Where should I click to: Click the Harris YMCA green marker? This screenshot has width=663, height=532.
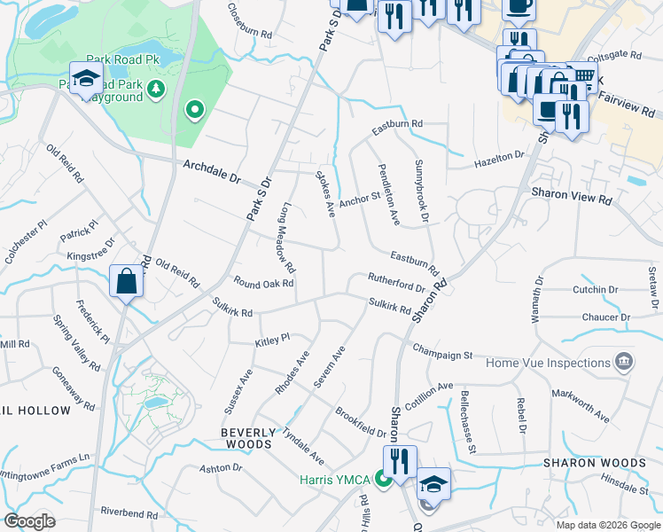tap(384, 480)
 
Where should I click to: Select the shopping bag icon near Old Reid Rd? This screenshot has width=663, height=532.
tap(126, 281)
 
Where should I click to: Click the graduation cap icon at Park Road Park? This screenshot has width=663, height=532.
tap(86, 79)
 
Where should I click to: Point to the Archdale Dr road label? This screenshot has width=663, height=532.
tap(212, 172)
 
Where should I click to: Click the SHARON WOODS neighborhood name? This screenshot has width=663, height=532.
tap(594, 463)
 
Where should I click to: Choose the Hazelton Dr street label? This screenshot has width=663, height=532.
tap(499, 158)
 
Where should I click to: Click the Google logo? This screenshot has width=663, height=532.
tap(29, 521)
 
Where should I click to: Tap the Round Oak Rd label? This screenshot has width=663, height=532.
tap(263, 284)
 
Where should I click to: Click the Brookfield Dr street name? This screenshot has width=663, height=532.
tap(361, 423)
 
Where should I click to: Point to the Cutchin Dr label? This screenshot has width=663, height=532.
tap(596, 290)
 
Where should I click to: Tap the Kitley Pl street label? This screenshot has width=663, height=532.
tap(273, 339)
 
